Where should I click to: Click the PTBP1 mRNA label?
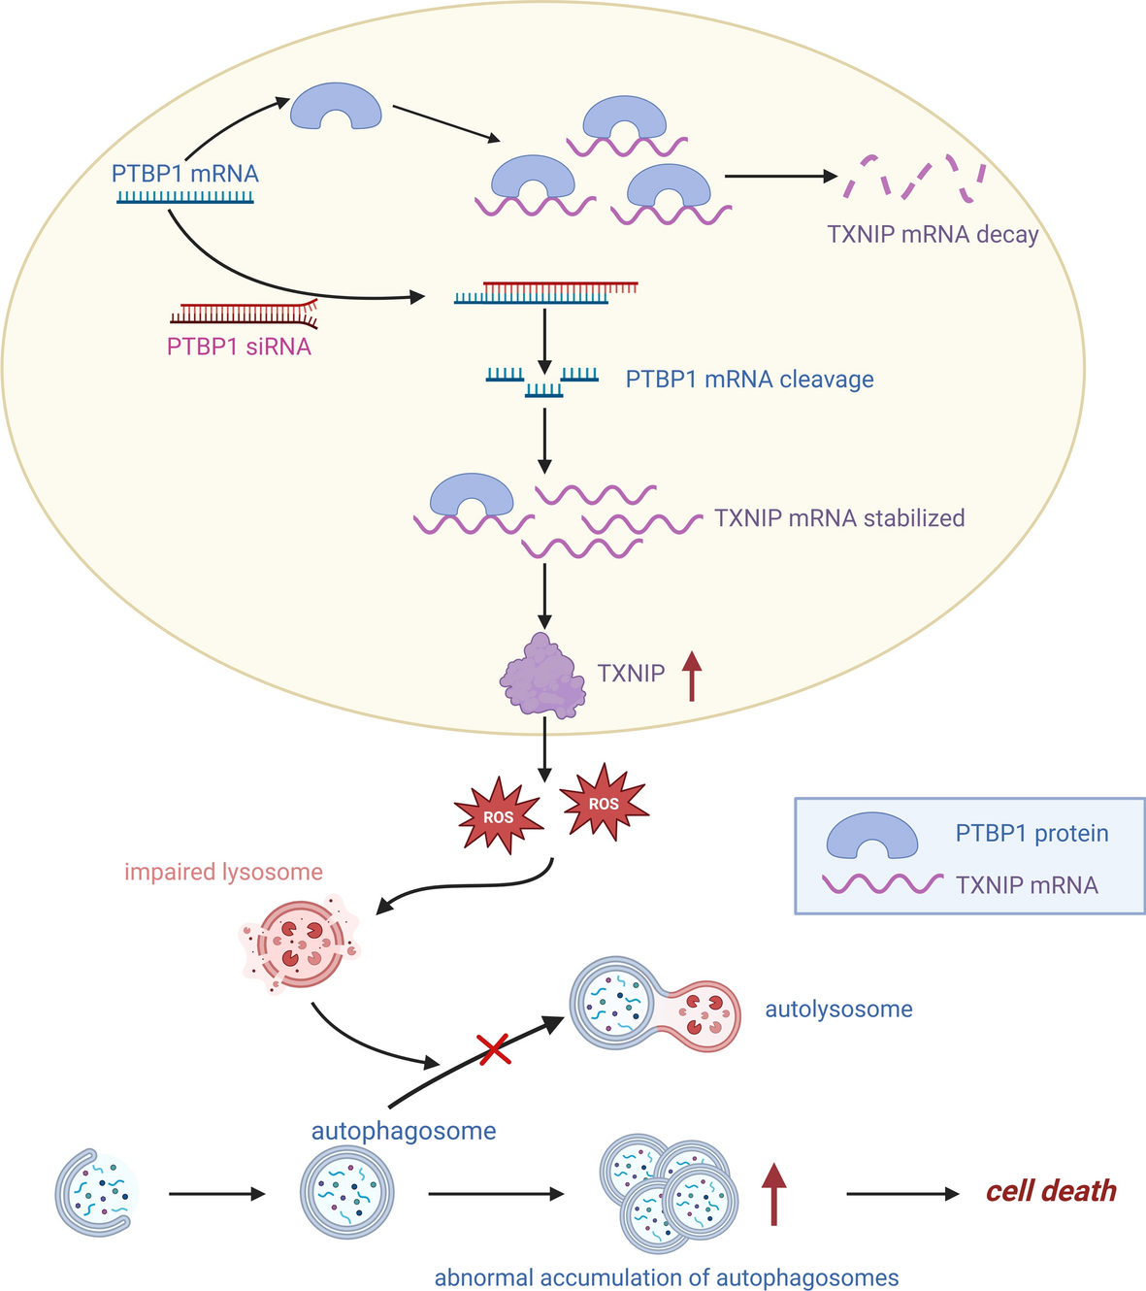click(x=184, y=175)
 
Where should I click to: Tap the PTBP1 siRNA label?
click(x=239, y=347)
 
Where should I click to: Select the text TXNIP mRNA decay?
click(x=933, y=234)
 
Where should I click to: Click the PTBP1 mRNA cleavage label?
click(x=749, y=379)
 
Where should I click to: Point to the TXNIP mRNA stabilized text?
click(x=839, y=517)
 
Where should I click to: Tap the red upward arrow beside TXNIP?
click(x=691, y=677)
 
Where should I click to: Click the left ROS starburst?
click(x=499, y=815)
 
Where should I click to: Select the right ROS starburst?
click(x=604, y=803)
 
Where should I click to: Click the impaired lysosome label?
click(x=223, y=872)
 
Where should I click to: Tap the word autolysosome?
click(x=838, y=1010)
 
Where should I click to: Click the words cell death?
click(x=1051, y=1191)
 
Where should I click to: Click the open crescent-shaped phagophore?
click(x=95, y=1192)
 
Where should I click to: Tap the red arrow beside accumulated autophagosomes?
click(x=773, y=1194)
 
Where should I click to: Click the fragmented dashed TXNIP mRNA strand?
click(x=912, y=178)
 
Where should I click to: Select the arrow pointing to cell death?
click(x=901, y=1193)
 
